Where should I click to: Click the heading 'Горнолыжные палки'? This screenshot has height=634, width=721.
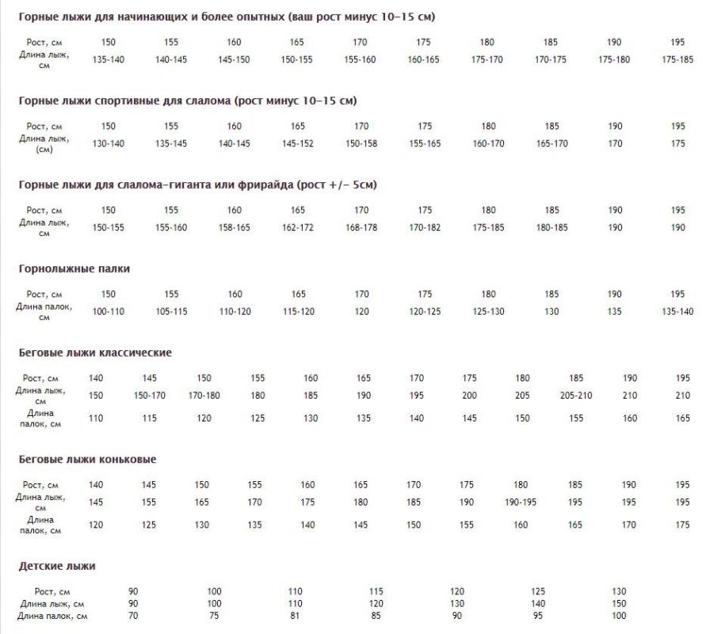click(x=74, y=269)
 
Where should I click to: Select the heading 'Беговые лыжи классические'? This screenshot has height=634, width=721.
click(x=95, y=353)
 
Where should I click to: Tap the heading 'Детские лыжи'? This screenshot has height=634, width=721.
click(x=57, y=566)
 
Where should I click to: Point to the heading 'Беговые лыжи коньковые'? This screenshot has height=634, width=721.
click(x=87, y=459)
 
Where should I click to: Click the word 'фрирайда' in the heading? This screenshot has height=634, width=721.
click(x=265, y=185)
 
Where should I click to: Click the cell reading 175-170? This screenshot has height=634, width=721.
click(x=487, y=59)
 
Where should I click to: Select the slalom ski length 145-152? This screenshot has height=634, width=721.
click(x=297, y=143)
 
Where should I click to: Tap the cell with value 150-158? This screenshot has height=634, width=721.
click(x=361, y=143)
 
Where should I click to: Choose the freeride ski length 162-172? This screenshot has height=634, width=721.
click(x=297, y=227)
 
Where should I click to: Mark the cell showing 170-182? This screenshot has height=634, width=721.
click(x=425, y=227)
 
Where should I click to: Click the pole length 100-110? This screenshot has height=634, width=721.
click(x=108, y=311)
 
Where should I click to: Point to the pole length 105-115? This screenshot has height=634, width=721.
click(x=171, y=311)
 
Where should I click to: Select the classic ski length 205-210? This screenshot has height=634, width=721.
click(x=576, y=395)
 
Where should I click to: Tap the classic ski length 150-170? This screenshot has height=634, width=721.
click(x=150, y=395)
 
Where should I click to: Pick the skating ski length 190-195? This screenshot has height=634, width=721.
click(x=521, y=502)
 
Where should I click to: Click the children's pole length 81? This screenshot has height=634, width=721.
click(x=295, y=616)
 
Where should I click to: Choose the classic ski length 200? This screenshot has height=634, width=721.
click(x=469, y=395)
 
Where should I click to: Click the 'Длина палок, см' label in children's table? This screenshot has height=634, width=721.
click(x=52, y=616)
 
